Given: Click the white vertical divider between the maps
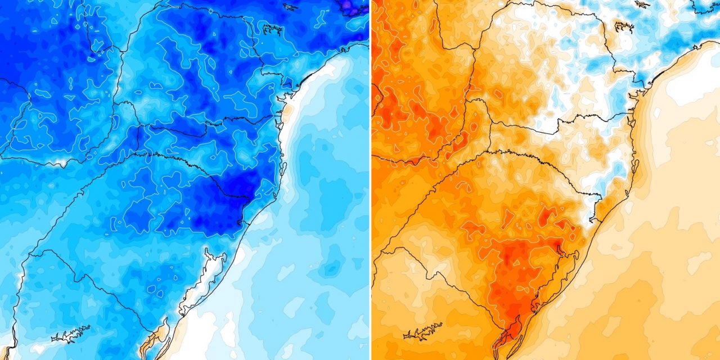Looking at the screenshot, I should pos(370,180).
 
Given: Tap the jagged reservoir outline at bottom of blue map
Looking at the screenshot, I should pos(70,334).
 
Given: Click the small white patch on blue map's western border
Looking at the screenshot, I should pos(59,164).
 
